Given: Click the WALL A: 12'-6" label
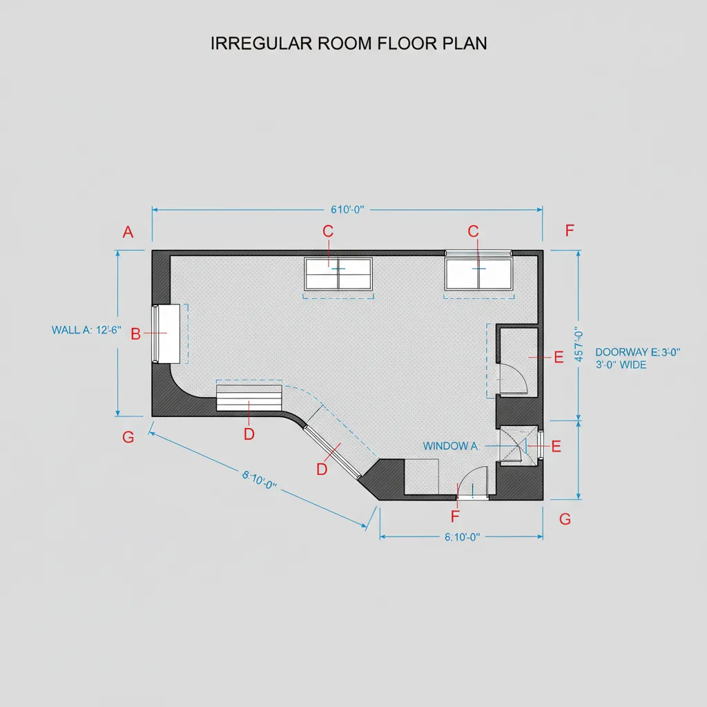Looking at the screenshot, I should [x=86, y=330].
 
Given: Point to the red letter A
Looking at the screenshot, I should [x=128, y=233].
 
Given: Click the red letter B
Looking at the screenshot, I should [x=135, y=334].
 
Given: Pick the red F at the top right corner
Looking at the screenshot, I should [x=570, y=231].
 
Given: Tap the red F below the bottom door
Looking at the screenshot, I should [x=454, y=516].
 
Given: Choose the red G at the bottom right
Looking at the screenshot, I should [x=565, y=520].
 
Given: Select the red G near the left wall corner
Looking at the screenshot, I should [x=128, y=437].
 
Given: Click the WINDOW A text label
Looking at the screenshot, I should [x=450, y=447].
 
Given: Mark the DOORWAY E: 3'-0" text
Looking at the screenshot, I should [x=637, y=352].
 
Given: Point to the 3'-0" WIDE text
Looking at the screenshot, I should [x=621, y=365].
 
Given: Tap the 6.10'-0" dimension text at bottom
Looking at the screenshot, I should [x=462, y=537].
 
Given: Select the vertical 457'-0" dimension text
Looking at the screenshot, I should [x=580, y=343].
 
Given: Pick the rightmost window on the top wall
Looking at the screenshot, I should [x=478, y=273].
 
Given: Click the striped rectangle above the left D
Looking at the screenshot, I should [x=249, y=399].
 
